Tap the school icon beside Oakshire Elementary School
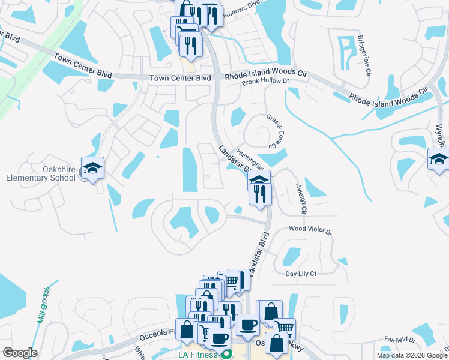pos(93,169)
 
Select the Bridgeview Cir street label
pos(363,55)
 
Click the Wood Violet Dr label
pos(310,229)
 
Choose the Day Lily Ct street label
pos(301,273)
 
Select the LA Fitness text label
pos(198,355)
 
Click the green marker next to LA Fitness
pos(226,355)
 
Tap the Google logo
pos(20,352)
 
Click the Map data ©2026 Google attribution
pos(412,355)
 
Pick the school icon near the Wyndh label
pos(439,160)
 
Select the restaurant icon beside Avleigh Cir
pos(260,194)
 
